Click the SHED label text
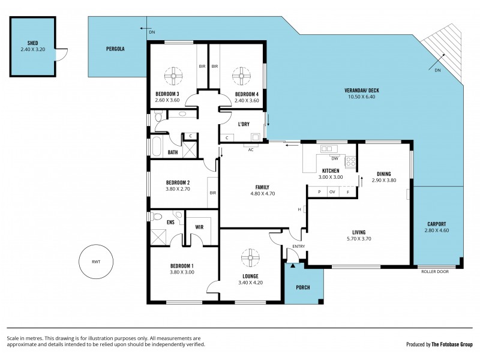pyautogui.click(x=32, y=44)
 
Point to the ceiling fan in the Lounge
pyautogui.click(x=250, y=258)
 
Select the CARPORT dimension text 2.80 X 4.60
pyautogui.click(x=437, y=230)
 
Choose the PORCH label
pyautogui.click(x=304, y=287)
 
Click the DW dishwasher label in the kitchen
pyautogui.click(x=335, y=159)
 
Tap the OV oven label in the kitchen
pyautogui.click(x=332, y=192)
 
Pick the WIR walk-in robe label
pyautogui.click(x=200, y=227)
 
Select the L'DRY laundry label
pyautogui.click(x=244, y=124)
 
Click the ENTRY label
pyautogui.click(x=298, y=247)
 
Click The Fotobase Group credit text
pyautogui.click(x=452, y=344)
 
